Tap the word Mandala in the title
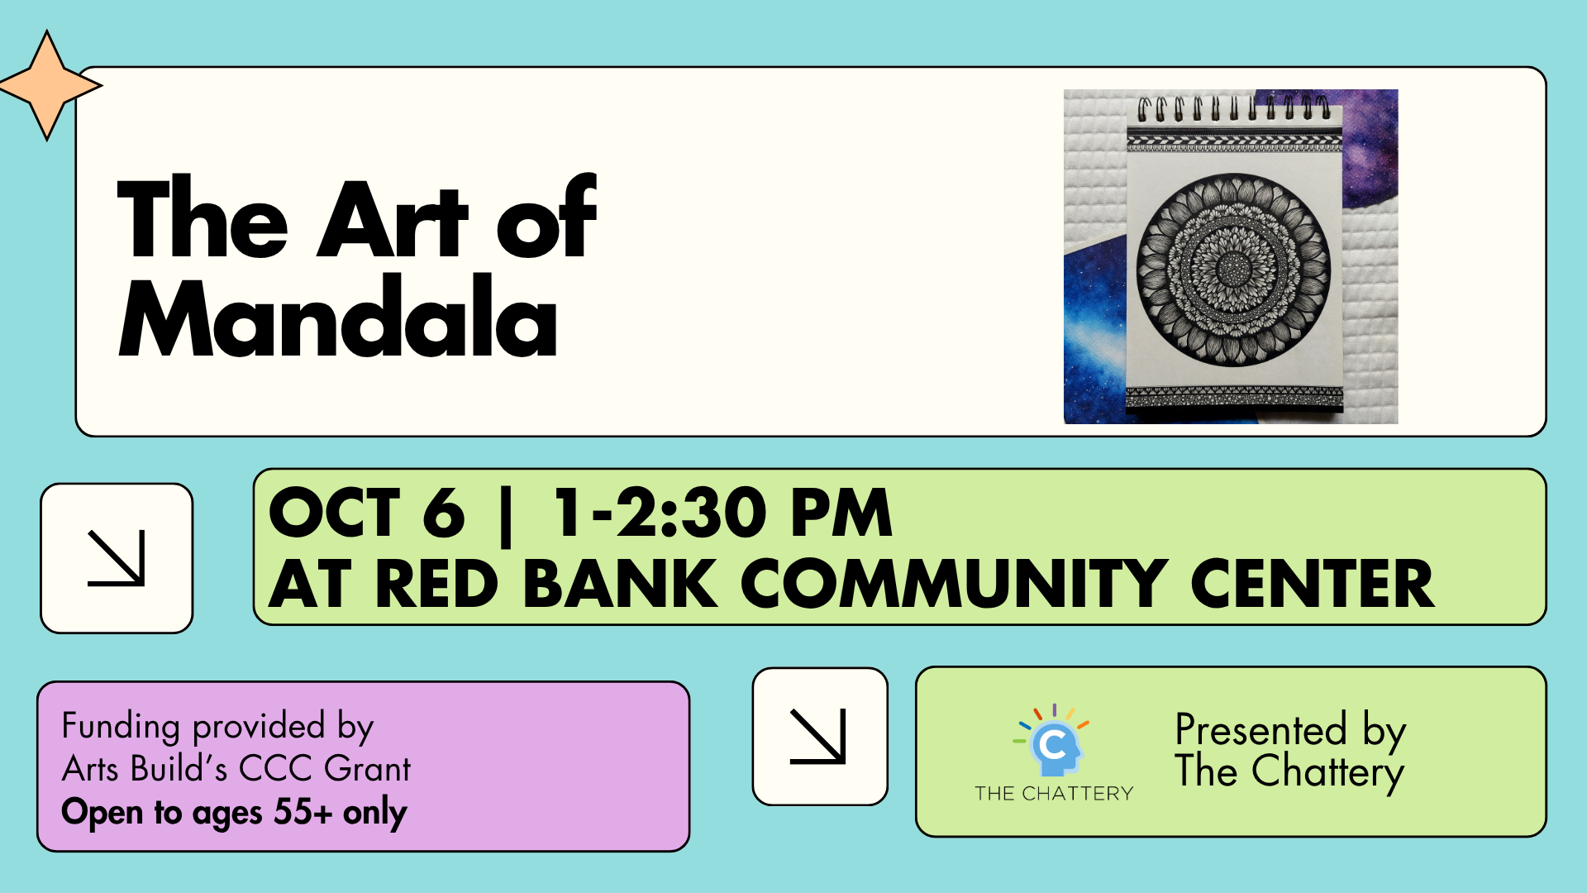pos(338,317)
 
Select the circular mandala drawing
pos(1233,270)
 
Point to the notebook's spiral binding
pos(1234,109)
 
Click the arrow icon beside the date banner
pos(117,558)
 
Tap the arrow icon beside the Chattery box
pos(818,736)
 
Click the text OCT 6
pos(367,513)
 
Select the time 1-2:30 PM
pos(722,513)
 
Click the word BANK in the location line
pos(620,584)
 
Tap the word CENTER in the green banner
pos(1313,584)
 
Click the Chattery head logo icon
pos(1053,741)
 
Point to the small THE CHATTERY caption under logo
pos(1054,794)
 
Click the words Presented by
pos(1290,730)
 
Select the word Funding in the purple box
pos(121,727)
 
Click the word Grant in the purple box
pos(367,769)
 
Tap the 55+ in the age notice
pos(303,811)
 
